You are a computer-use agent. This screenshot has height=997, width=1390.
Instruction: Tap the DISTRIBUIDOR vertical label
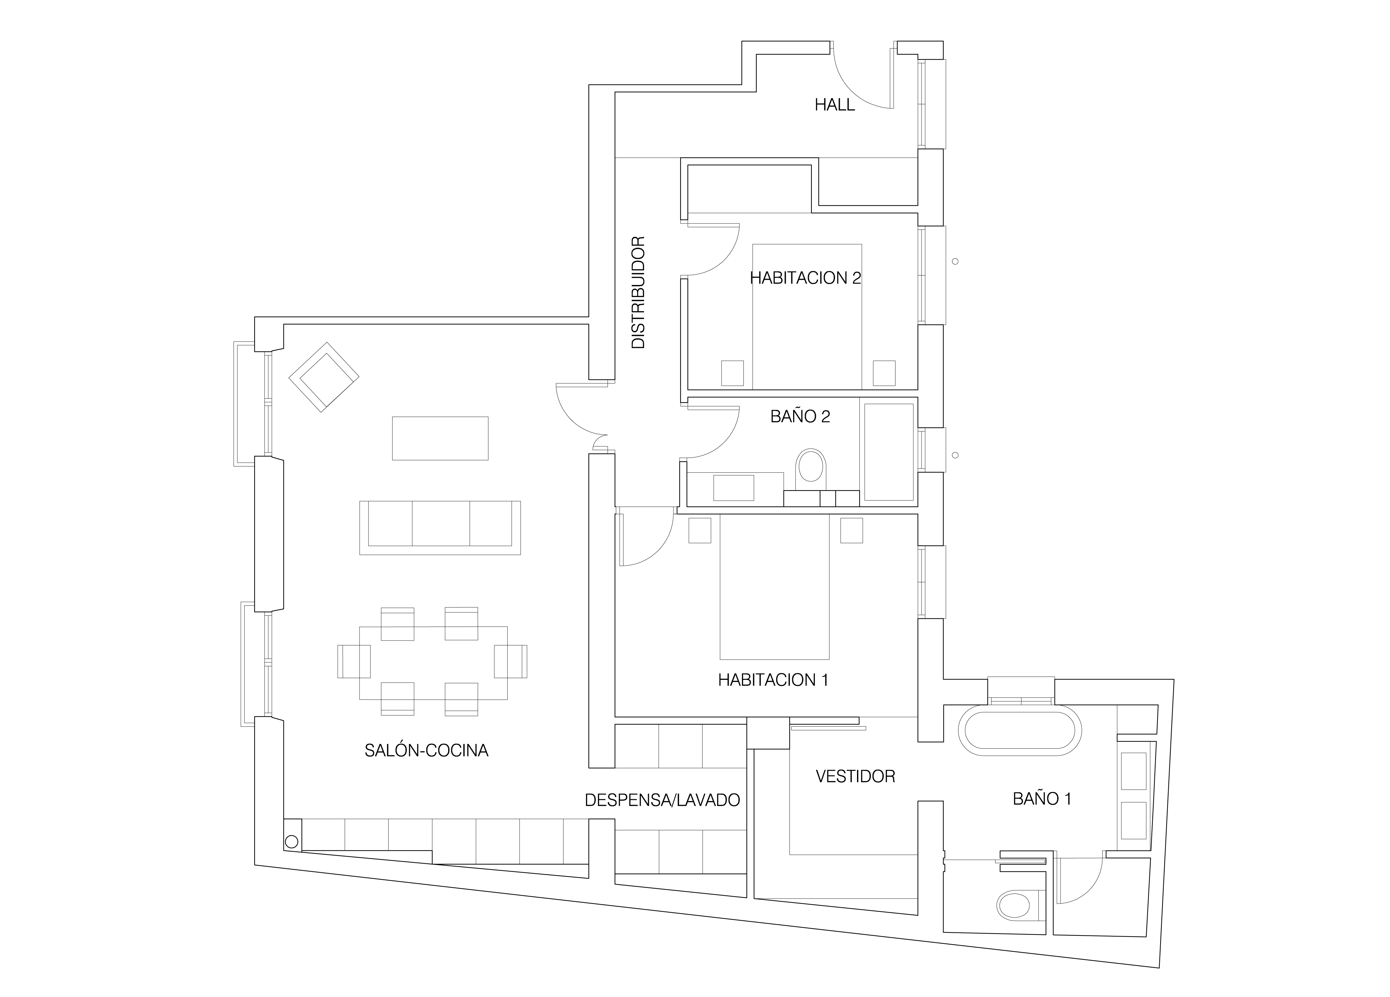point(639,293)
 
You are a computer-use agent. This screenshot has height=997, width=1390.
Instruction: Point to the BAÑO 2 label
point(800,417)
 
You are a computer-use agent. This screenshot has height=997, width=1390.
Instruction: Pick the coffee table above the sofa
point(440,438)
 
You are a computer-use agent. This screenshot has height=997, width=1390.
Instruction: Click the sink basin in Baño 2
point(733,488)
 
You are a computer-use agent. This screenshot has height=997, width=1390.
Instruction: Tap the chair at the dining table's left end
point(354,661)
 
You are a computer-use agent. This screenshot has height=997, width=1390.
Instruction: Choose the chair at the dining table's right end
point(511,661)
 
